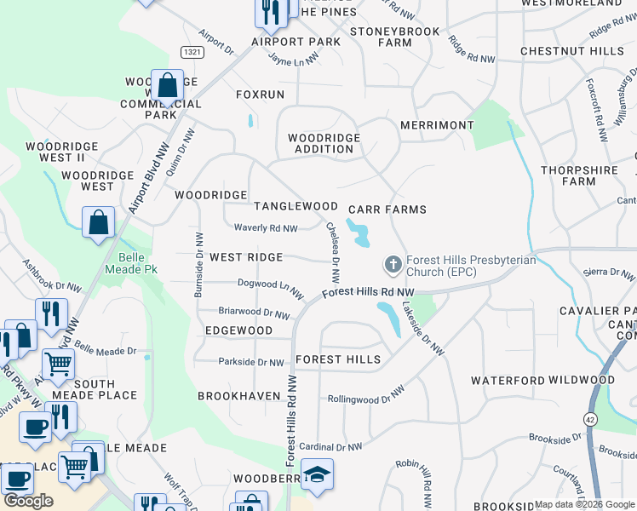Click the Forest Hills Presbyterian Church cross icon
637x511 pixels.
[x=393, y=265]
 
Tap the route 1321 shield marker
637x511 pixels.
[x=192, y=52]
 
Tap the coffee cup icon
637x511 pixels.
[x=35, y=428]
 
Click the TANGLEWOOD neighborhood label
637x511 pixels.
[x=296, y=206]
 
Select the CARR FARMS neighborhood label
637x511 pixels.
[x=387, y=209]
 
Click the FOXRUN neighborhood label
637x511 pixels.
[x=260, y=95]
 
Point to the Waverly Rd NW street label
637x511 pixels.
[x=267, y=228]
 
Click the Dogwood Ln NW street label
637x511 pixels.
[x=271, y=287]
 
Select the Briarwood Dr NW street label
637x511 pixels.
[x=255, y=313]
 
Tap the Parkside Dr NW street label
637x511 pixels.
[x=251, y=363]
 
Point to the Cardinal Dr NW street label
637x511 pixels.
[x=331, y=446]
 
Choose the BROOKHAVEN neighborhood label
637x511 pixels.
[x=238, y=396]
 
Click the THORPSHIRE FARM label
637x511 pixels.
[x=579, y=175]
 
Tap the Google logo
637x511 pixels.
[x=28, y=501]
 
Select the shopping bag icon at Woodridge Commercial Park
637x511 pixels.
[x=168, y=85]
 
